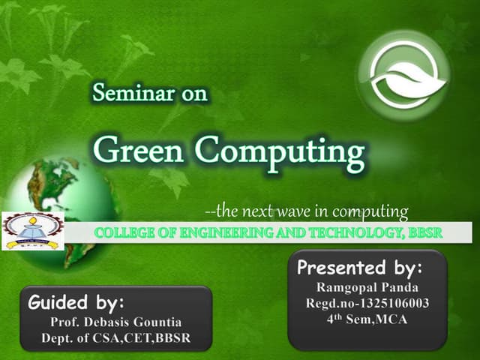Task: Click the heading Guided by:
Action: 75,304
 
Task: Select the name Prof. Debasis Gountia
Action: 116,322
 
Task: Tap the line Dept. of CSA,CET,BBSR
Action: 116,338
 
